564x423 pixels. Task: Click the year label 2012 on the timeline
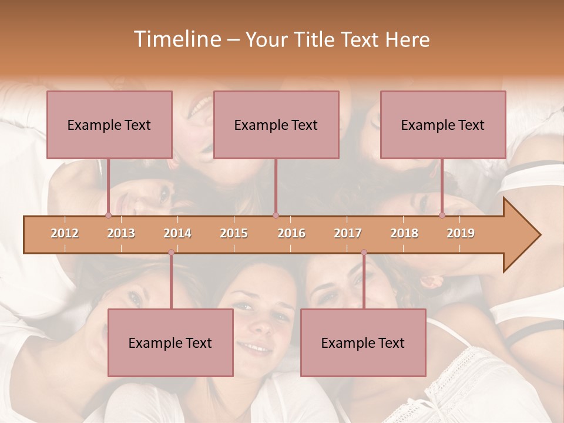click(65, 233)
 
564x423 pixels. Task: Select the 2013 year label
click(121, 233)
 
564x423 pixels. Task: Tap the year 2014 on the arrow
click(177, 233)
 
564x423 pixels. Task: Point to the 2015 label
click(234, 233)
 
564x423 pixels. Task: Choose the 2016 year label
click(291, 233)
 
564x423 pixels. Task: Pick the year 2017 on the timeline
click(348, 233)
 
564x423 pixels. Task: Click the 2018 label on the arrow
click(404, 233)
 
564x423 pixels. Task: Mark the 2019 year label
click(461, 233)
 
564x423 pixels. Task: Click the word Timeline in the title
click(176, 39)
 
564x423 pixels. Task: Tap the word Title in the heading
click(313, 39)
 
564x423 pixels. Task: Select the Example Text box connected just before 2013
click(109, 125)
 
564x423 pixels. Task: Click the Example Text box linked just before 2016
click(276, 125)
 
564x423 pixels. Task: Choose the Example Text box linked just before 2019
click(443, 125)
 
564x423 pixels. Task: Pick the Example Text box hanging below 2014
click(170, 343)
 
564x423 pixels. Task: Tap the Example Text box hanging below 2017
click(363, 343)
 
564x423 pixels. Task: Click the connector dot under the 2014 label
click(171, 253)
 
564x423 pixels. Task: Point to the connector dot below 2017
click(364, 253)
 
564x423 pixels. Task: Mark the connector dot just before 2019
click(442, 215)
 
